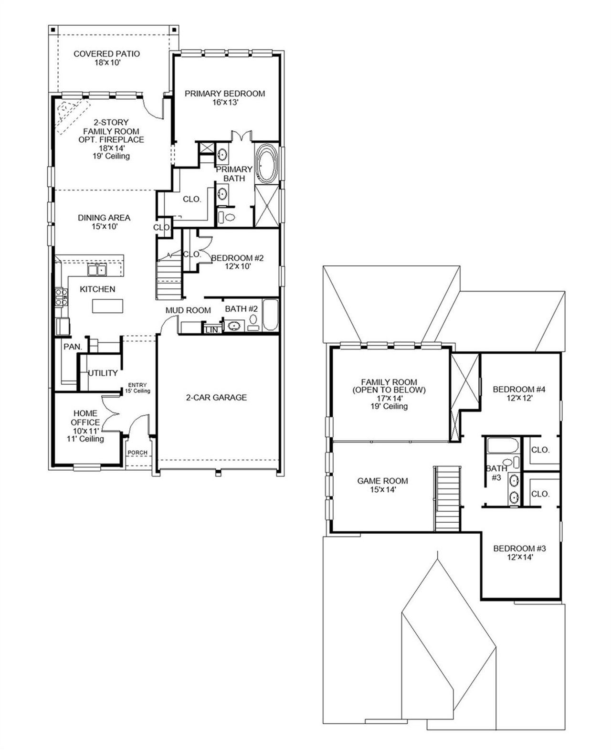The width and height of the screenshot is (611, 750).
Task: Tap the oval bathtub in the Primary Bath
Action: click(266, 165)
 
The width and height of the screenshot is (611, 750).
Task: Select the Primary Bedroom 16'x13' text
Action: click(225, 97)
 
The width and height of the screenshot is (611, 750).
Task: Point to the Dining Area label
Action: click(104, 222)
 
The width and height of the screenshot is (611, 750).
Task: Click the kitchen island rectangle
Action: click(107, 306)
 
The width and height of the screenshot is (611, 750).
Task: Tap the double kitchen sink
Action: click(97, 270)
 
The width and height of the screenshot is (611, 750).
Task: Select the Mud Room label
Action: click(188, 310)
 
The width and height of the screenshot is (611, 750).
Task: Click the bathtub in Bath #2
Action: click(270, 315)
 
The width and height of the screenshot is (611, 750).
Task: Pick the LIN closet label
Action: click(211, 330)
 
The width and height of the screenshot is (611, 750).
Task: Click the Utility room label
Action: click(103, 373)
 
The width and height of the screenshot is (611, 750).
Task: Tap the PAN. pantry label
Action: click(73, 347)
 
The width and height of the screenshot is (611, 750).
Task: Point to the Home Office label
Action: click(85, 418)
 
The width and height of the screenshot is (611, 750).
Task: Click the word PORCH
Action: click(137, 453)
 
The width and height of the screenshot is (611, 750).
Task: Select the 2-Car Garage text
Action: click(216, 397)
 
